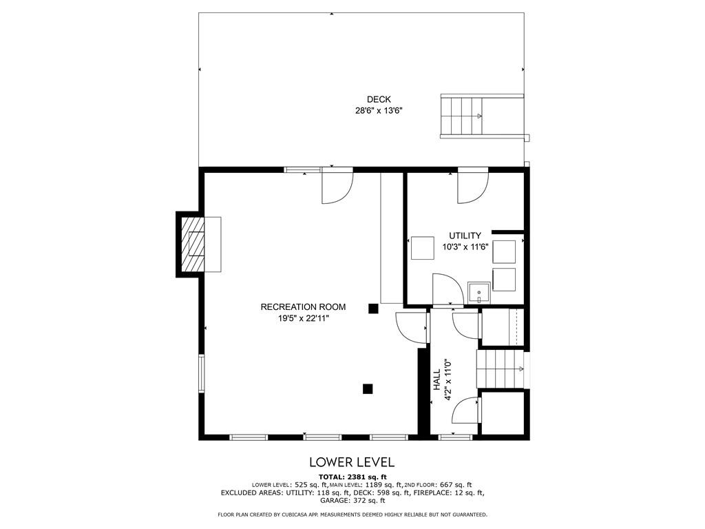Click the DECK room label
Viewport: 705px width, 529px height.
(x=379, y=99)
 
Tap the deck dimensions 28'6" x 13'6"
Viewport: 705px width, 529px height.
(x=379, y=110)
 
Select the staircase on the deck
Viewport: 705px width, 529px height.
(x=462, y=116)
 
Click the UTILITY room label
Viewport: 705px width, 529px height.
(x=465, y=236)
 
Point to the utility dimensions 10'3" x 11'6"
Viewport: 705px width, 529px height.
(x=465, y=247)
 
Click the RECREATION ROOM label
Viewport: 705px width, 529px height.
(x=303, y=307)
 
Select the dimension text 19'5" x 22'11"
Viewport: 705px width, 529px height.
(x=303, y=318)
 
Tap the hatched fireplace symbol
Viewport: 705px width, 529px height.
(x=192, y=244)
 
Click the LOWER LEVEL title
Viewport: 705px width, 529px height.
(x=352, y=461)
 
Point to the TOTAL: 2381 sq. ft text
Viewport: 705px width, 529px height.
(x=352, y=477)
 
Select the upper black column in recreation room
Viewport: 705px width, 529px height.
(x=373, y=309)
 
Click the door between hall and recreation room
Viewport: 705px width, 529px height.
(x=411, y=326)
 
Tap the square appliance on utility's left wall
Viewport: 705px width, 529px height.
(x=422, y=248)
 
